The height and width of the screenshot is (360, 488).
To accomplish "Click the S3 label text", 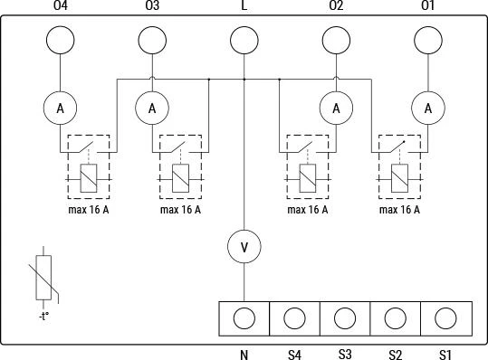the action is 345,354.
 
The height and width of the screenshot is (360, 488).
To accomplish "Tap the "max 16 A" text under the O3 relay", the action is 180,210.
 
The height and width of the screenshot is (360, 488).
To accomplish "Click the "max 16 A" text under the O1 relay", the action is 399,210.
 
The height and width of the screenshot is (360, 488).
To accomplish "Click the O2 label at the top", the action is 336,5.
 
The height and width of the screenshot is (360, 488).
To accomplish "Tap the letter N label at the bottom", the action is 244,355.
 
